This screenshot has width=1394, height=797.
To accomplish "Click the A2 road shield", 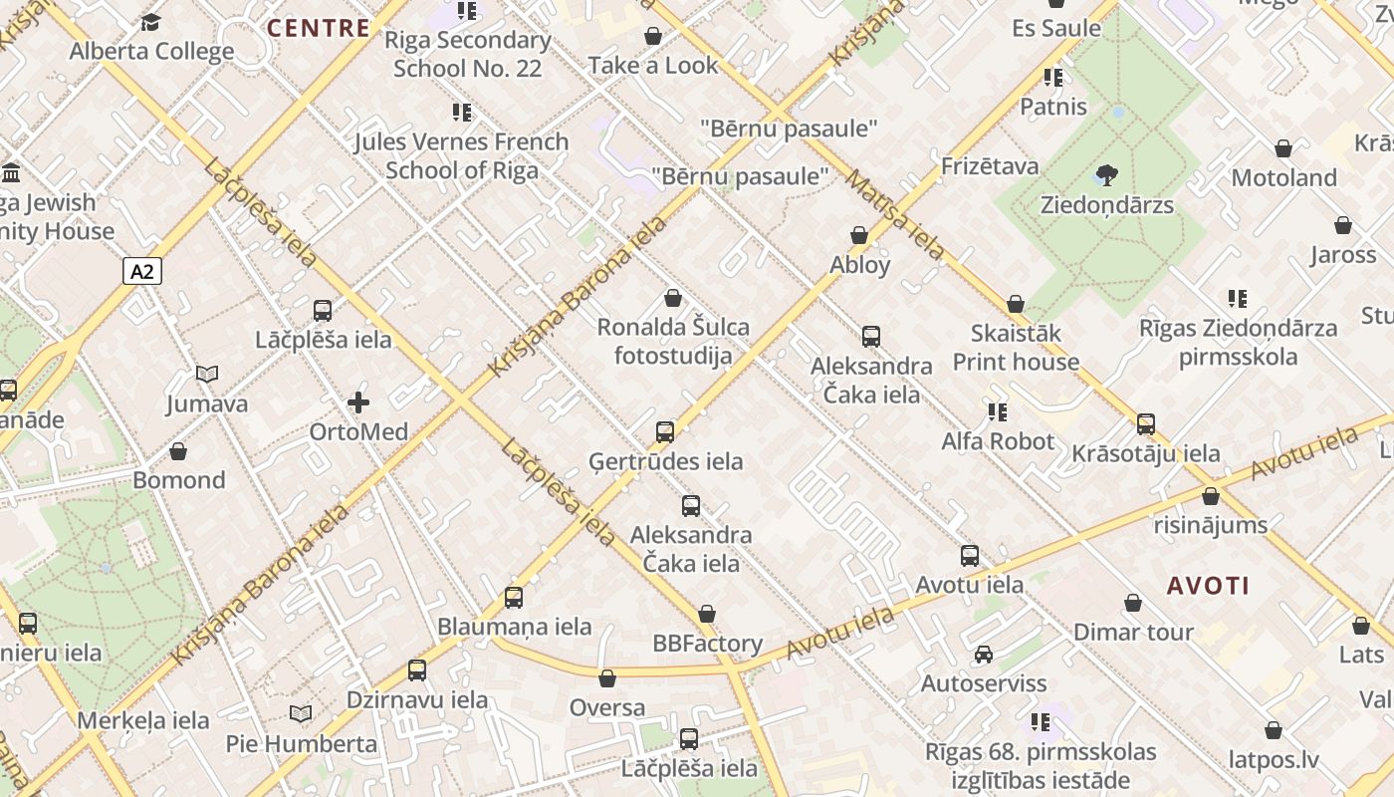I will point(142,271).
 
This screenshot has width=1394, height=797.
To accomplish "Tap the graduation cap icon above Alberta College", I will point(151,22).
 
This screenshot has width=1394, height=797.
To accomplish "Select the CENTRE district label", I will point(319,27).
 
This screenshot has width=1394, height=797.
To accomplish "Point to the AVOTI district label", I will point(1208,585).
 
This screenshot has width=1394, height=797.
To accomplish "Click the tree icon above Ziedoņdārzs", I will point(1106,176).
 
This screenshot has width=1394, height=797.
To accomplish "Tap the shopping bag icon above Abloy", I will point(859,236).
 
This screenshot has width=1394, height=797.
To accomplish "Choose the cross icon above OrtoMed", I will point(358,403).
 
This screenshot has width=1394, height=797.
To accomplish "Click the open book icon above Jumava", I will point(207,375).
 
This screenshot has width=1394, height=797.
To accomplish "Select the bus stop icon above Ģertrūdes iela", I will point(665,432).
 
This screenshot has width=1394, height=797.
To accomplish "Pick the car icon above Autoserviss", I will point(984,655).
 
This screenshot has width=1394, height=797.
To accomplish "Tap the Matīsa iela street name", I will point(894,214).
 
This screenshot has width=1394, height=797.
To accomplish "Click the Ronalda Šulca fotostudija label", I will point(673,341).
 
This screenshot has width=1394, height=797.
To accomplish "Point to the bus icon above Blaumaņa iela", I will point(514,598).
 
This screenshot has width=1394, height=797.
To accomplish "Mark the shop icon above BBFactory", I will point(707,614).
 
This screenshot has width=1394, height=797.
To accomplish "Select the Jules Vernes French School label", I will point(462,155).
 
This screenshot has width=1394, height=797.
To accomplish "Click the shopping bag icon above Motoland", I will point(1283,149).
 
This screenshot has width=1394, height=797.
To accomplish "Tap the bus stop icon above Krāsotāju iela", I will point(1146,424).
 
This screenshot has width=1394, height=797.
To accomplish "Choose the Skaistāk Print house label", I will point(1016,347).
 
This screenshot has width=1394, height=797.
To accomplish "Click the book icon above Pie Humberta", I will point(301,714).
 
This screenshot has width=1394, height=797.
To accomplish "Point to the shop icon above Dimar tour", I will point(1133,604).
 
